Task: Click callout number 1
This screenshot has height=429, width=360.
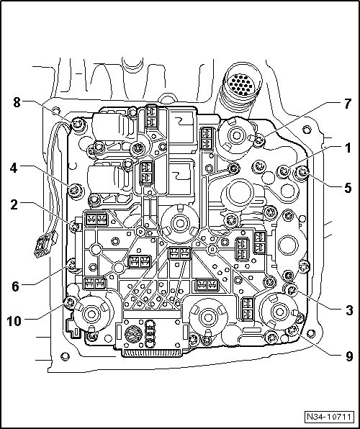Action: (348, 148)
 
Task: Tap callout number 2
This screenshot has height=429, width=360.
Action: (14, 205)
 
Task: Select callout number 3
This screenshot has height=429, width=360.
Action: (349, 310)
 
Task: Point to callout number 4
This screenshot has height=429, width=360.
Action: (14, 168)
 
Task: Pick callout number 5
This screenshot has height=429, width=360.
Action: (348, 188)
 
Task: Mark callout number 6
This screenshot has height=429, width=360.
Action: (15, 286)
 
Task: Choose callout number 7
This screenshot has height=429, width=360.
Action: (348, 104)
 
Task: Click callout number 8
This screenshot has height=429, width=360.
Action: (17, 103)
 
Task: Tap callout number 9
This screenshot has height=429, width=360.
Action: (349, 356)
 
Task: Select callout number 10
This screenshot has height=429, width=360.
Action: (14, 321)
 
